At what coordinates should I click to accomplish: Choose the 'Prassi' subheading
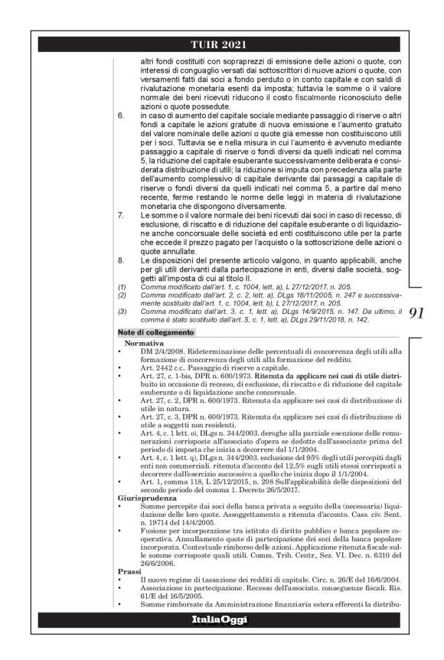pos(128,571)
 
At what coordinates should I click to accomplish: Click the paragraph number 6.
pos(122,115)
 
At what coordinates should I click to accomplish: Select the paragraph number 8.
pos(122,261)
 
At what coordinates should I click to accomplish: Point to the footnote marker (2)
pos(122,295)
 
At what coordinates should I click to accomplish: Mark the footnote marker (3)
pos(122,312)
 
